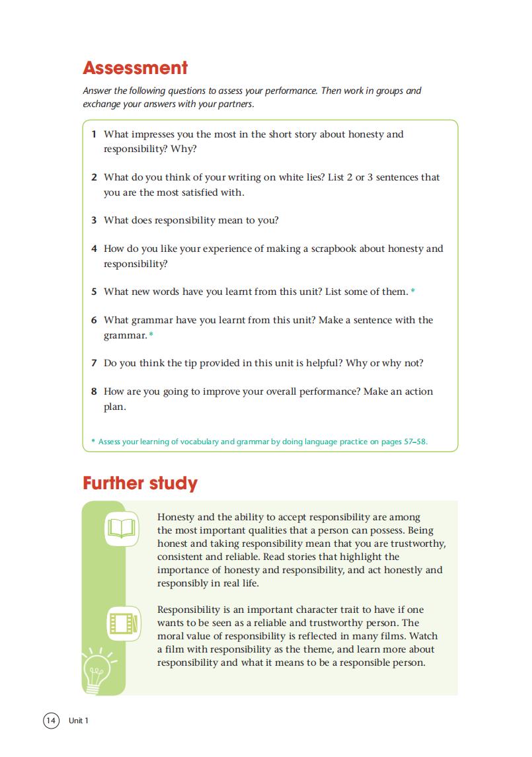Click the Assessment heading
[135, 68]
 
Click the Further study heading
[140, 483]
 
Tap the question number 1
[95, 134]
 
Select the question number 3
[95, 221]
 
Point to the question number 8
[95, 391]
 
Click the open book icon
[122, 529]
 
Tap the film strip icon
[124, 623]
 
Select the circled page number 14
[51, 720]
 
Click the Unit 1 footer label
[78, 721]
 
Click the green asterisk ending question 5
[413, 292]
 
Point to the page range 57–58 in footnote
[414, 441]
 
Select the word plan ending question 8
[114, 407]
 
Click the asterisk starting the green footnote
[93, 441]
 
